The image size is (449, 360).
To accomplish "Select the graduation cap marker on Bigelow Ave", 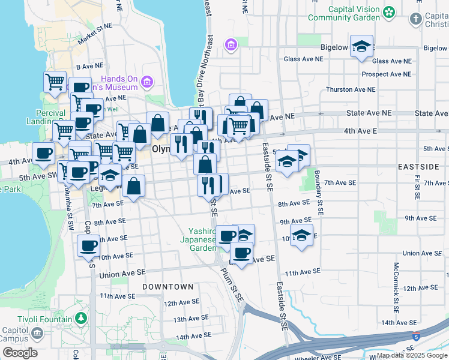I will [x=361, y=47].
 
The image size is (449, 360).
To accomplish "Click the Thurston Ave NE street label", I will [x=350, y=89].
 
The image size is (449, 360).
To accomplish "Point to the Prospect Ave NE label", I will [x=386, y=74].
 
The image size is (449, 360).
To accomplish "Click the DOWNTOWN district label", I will [x=168, y=287].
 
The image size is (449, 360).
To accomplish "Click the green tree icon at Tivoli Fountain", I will [x=81, y=317].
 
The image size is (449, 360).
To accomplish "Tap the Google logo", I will [x=20, y=353].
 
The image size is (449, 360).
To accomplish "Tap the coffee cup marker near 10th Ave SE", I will [x=89, y=245].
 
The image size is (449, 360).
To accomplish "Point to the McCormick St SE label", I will [x=396, y=289].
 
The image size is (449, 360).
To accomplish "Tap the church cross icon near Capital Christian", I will [x=416, y=19].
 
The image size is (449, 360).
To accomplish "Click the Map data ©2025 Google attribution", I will [x=411, y=355].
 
